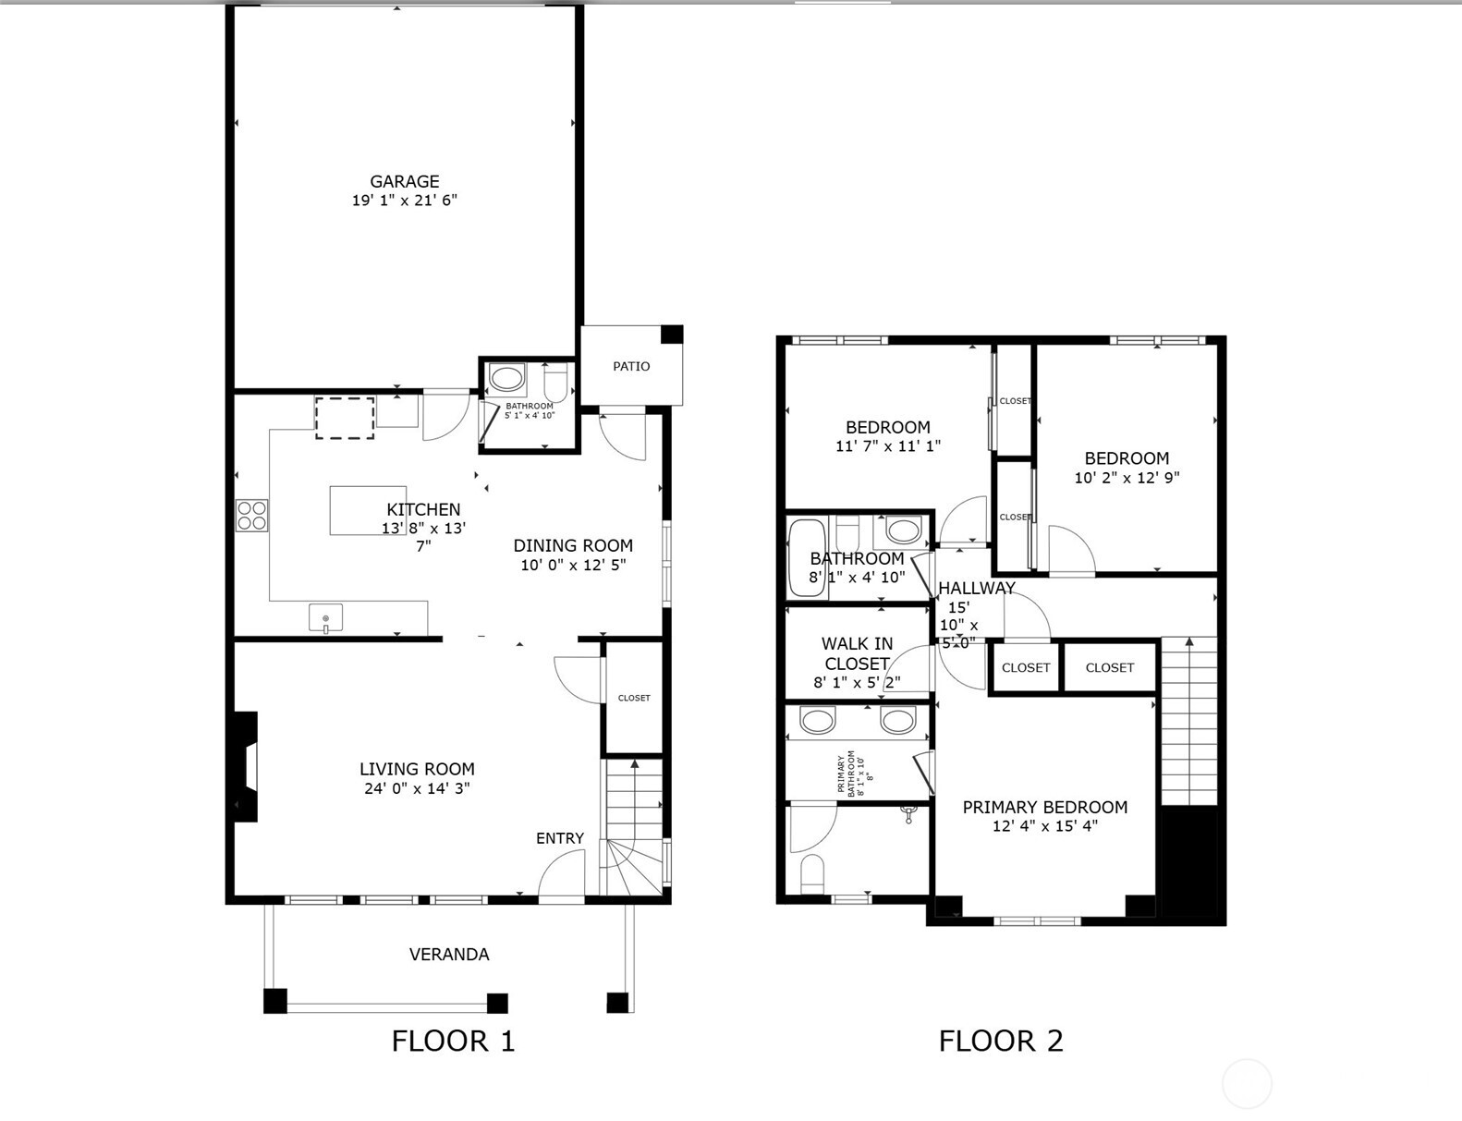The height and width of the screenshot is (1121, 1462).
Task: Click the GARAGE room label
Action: point(404,182)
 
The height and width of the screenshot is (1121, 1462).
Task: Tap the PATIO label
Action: point(631,367)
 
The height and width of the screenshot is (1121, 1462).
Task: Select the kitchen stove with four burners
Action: point(251,515)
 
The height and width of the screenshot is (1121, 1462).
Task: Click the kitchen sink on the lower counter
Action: point(325,618)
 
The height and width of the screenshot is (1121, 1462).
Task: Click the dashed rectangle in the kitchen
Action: point(345,418)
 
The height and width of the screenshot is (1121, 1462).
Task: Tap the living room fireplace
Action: point(246,766)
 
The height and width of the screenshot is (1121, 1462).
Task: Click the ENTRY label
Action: point(559,838)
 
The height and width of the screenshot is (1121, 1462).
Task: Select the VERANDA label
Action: point(449,955)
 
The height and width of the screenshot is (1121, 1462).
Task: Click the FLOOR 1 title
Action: point(453,1041)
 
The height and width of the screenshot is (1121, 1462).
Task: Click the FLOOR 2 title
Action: point(1001,1041)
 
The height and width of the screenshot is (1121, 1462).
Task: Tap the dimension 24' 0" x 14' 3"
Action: point(417,788)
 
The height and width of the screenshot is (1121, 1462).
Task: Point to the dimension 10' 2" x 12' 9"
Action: point(1127,478)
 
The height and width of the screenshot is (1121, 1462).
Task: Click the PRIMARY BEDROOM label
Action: point(1044,807)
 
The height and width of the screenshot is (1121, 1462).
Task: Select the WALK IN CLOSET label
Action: point(857,653)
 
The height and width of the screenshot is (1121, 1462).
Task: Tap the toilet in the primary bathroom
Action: point(812,873)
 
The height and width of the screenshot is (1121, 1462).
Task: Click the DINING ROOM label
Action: point(573,545)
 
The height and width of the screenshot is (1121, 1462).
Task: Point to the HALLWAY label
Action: point(976,588)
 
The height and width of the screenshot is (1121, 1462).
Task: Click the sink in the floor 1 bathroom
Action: point(506,378)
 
